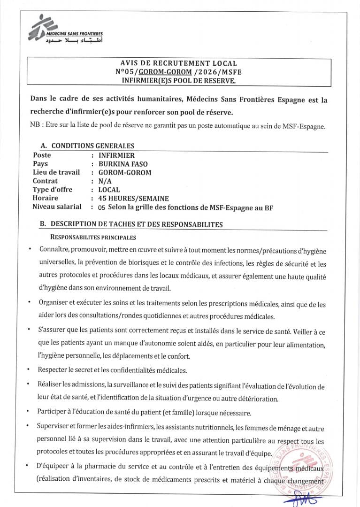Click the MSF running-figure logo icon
[40, 27]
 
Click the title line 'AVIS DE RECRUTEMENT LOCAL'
[178, 63]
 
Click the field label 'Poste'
[42, 155]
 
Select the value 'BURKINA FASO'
[123, 164]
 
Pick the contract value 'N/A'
[105, 181]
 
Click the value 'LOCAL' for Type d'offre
[109, 190]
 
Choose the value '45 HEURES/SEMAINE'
[133, 198]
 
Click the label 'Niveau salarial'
[57, 207]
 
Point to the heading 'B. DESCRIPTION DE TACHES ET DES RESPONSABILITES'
[131, 224]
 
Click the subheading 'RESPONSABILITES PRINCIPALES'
[93, 238]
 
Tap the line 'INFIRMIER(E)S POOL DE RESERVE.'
[178, 80]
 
